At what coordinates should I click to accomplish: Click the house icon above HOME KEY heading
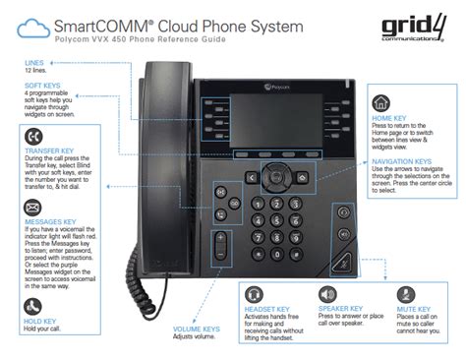(x=381, y=102)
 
